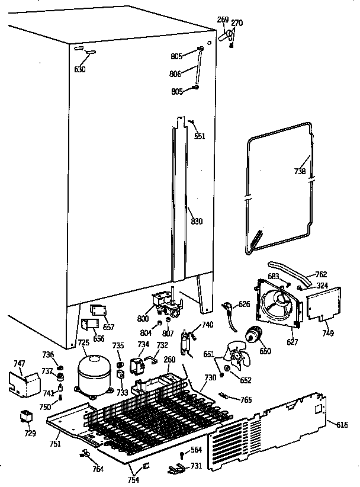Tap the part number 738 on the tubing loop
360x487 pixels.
(x=300, y=172)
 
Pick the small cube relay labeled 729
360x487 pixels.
(x=27, y=416)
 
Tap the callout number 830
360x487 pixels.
(x=197, y=222)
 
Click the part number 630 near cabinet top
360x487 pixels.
(x=80, y=69)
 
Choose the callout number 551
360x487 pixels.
(x=200, y=136)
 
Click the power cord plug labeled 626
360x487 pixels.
(x=227, y=309)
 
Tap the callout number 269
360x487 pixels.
(x=223, y=20)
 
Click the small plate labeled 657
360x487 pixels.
(x=97, y=310)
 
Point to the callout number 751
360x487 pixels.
(x=54, y=444)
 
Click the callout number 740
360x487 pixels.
(x=207, y=324)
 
